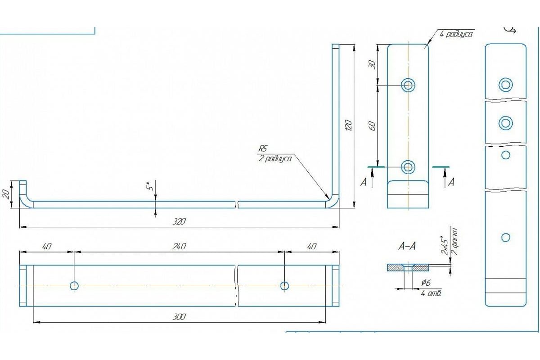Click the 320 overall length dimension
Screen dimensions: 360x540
coord(179,221)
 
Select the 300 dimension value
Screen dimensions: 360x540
coord(179,317)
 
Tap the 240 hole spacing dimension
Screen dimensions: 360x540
coord(179,246)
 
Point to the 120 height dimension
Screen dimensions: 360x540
coord(348,125)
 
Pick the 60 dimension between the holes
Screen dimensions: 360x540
coord(372,126)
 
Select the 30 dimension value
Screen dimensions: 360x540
coord(372,64)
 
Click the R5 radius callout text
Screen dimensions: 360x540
coord(263,148)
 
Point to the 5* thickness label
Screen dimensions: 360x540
coord(152,184)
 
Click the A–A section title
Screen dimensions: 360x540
coord(407,246)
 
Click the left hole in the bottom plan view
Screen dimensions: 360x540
coord(74,286)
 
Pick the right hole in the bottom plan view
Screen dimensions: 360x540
coord(284,286)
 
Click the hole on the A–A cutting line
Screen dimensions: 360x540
coord(408,167)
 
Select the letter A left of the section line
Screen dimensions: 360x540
coord(363,182)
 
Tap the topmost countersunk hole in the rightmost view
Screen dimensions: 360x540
coord(505,84)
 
